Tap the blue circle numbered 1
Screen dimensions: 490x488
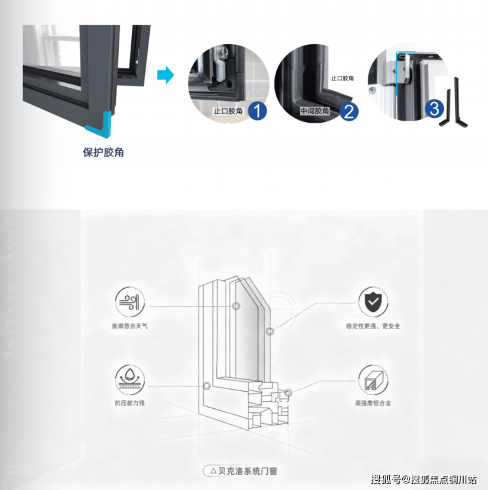[257, 111]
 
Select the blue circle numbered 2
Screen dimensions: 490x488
[349, 111]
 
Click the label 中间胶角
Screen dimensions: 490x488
[315, 111]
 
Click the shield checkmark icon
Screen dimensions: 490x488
[373, 303]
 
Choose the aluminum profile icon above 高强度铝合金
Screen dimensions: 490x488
[373, 381]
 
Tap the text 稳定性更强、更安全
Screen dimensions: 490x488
[373, 326]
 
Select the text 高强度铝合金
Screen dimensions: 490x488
[373, 404]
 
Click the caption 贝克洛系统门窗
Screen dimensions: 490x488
[247, 471]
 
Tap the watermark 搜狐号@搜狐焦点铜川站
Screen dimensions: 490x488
[424, 479]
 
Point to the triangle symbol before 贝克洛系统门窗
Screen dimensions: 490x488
[212, 471]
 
